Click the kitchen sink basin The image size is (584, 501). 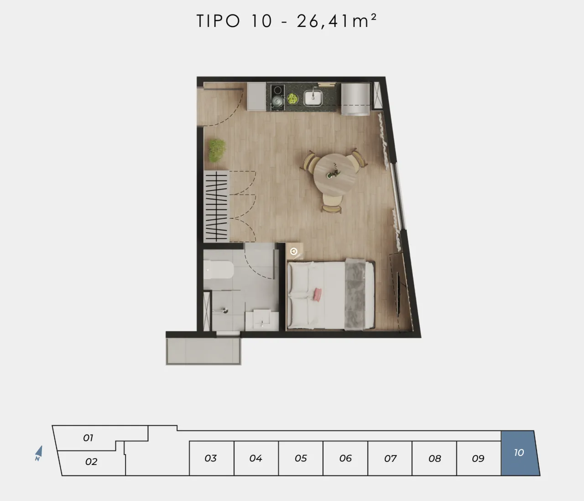coord(313,98)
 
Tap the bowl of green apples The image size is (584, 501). coord(293,98)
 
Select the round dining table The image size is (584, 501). coord(335,174)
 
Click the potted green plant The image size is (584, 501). coord(217,150)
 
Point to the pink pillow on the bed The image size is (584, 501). coord(318,294)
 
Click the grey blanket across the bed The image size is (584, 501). coord(355,294)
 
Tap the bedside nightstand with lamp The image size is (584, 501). coord(294,251)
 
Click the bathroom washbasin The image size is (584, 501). coord(262,320)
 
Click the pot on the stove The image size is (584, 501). coord(277,100)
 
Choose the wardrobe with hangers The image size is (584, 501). coord(216,206)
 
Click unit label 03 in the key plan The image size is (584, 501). coord(210,458)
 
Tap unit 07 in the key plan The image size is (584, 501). coord(390,458)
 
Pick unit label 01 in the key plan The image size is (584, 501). coord(88,438)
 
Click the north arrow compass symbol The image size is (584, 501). coord(38,453)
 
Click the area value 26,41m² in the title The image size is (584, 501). coord(337,21)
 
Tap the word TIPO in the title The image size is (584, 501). coord(219,21)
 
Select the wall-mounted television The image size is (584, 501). coord(398,294)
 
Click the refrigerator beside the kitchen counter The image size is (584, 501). coord(355,99)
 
